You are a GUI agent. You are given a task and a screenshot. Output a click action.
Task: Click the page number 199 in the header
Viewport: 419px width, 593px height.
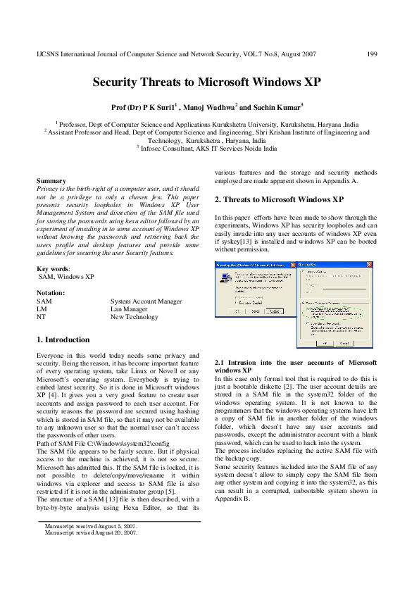pyautogui.click(x=373, y=54)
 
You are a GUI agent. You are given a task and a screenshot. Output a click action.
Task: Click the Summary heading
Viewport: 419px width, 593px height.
pyautogui.click(x=51, y=181)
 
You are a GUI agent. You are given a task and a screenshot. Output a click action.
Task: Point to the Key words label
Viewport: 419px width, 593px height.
pyautogui.click(x=53, y=270)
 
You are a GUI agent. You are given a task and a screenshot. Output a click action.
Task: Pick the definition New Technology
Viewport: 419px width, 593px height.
pyautogui.click(x=135, y=317)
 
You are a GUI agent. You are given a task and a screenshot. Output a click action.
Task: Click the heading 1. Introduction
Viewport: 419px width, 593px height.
pyautogui.click(x=63, y=339)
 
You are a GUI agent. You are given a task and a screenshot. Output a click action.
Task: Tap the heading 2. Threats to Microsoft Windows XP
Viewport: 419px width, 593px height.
pyautogui.click(x=269, y=199)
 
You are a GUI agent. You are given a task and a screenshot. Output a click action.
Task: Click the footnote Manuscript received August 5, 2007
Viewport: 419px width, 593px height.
pyautogui.click(x=91, y=526)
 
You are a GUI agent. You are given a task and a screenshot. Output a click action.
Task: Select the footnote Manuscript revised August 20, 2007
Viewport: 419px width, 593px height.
pyautogui.click(x=91, y=532)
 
